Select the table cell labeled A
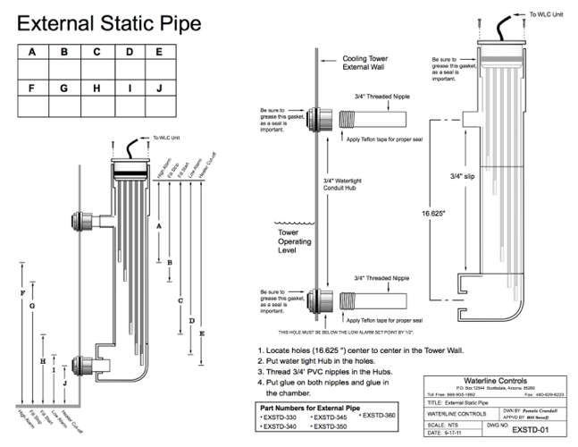click(x=32, y=52)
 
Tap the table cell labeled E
click(x=160, y=52)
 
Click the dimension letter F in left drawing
click(x=21, y=294)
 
